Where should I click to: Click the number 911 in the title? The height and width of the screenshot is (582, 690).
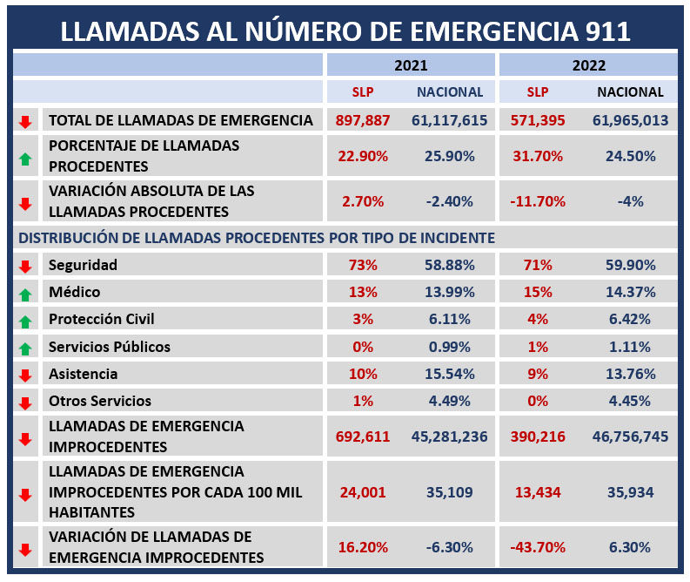coord(607,31)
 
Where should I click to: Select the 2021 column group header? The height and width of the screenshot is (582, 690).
coord(411,65)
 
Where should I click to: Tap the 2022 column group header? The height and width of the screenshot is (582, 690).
coord(589,65)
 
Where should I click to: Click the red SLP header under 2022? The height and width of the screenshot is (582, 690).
coord(538,91)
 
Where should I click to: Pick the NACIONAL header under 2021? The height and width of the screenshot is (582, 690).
coord(450,91)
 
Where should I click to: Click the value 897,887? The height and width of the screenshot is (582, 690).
coord(363,120)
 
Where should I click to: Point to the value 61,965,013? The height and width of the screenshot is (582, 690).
coord(630,120)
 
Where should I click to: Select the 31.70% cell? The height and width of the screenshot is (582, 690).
coord(538,156)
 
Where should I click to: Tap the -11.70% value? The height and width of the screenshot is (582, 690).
coord(538,201)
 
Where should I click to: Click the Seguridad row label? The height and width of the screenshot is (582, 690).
coord(83,265)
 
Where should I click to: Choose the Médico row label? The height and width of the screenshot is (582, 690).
coord(74,292)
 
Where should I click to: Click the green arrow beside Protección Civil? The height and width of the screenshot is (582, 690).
coord(25,321)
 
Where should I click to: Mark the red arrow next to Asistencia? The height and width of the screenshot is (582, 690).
coord(25,376)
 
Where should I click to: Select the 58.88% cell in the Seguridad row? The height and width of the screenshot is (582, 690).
coord(450,265)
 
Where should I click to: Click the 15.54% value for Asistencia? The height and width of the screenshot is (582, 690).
coord(450,374)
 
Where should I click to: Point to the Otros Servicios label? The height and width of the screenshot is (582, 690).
coord(100,401)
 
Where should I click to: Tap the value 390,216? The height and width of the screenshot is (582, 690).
coord(538,436)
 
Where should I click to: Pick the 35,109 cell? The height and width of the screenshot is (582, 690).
coord(450,491)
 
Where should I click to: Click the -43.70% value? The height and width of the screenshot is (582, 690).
coord(538,547)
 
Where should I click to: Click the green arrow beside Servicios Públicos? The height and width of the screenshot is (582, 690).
coord(25,349)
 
